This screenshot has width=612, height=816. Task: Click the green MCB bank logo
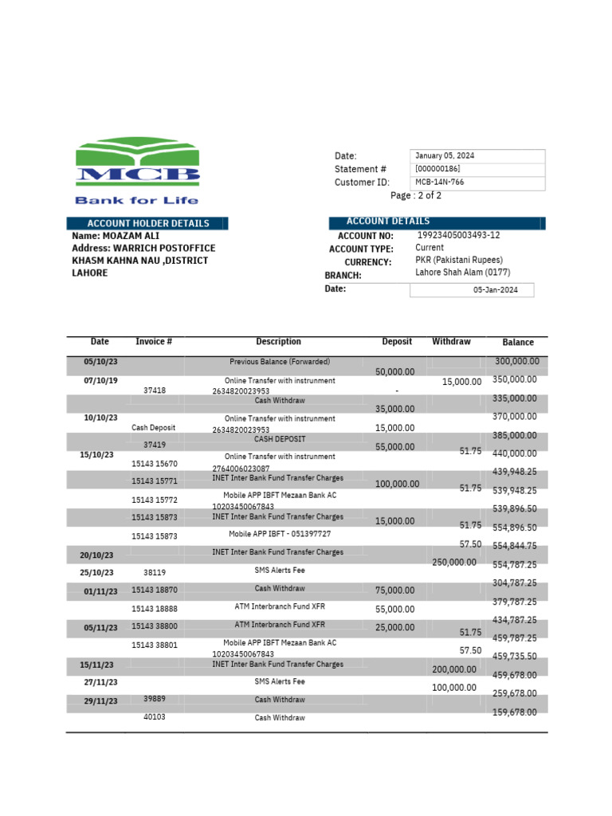[x=137, y=164]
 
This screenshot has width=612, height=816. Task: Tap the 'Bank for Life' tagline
[x=136, y=200]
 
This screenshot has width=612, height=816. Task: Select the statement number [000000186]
[x=437, y=169]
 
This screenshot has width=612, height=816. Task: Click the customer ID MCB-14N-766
[x=439, y=182]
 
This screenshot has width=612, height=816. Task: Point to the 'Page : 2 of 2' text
[x=415, y=195]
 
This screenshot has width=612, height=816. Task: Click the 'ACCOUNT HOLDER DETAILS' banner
[x=147, y=224]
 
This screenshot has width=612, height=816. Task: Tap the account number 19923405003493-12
[x=458, y=236]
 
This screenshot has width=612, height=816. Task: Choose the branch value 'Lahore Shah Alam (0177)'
[x=463, y=273]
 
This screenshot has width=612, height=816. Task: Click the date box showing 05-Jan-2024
[x=495, y=290]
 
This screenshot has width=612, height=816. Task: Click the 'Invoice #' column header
[x=155, y=342]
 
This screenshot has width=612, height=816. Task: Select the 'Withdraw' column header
[x=451, y=342]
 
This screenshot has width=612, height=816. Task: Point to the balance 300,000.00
[x=516, y=362]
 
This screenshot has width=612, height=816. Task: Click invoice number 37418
[x=155, y=390]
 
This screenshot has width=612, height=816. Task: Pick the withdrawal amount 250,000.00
[x=454, y=563]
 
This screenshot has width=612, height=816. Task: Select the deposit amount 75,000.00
[x=394, y=590]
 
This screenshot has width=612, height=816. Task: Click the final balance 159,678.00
[x=515, y=712]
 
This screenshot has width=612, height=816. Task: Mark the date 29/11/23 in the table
[x=101, y=701]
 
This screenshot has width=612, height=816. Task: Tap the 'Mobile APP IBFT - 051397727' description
[x=280, y=534]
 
